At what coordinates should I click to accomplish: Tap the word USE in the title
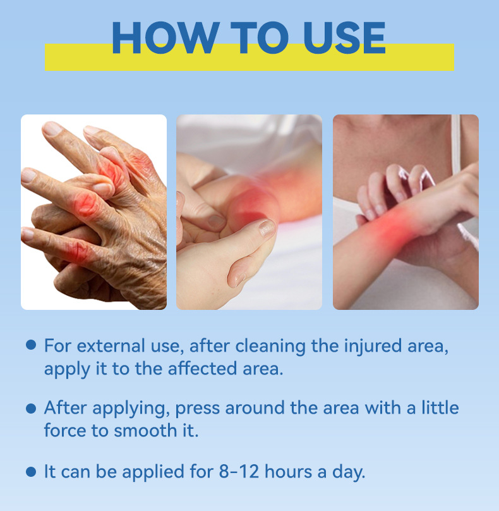pos(344,37)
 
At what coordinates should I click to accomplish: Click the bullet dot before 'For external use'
pos(31,345)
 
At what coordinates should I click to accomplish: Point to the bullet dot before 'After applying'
pos(31,409)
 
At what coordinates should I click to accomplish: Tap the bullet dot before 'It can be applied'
pos(31,471)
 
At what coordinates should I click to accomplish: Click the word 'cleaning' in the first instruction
pos(270,347)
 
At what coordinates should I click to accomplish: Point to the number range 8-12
pos(239,472)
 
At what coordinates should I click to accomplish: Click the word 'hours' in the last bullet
pos(289,471)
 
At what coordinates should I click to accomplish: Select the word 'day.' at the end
pos(349,472)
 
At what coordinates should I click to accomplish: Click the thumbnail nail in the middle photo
pos(267,228)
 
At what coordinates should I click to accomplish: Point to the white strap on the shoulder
pos(456,144)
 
